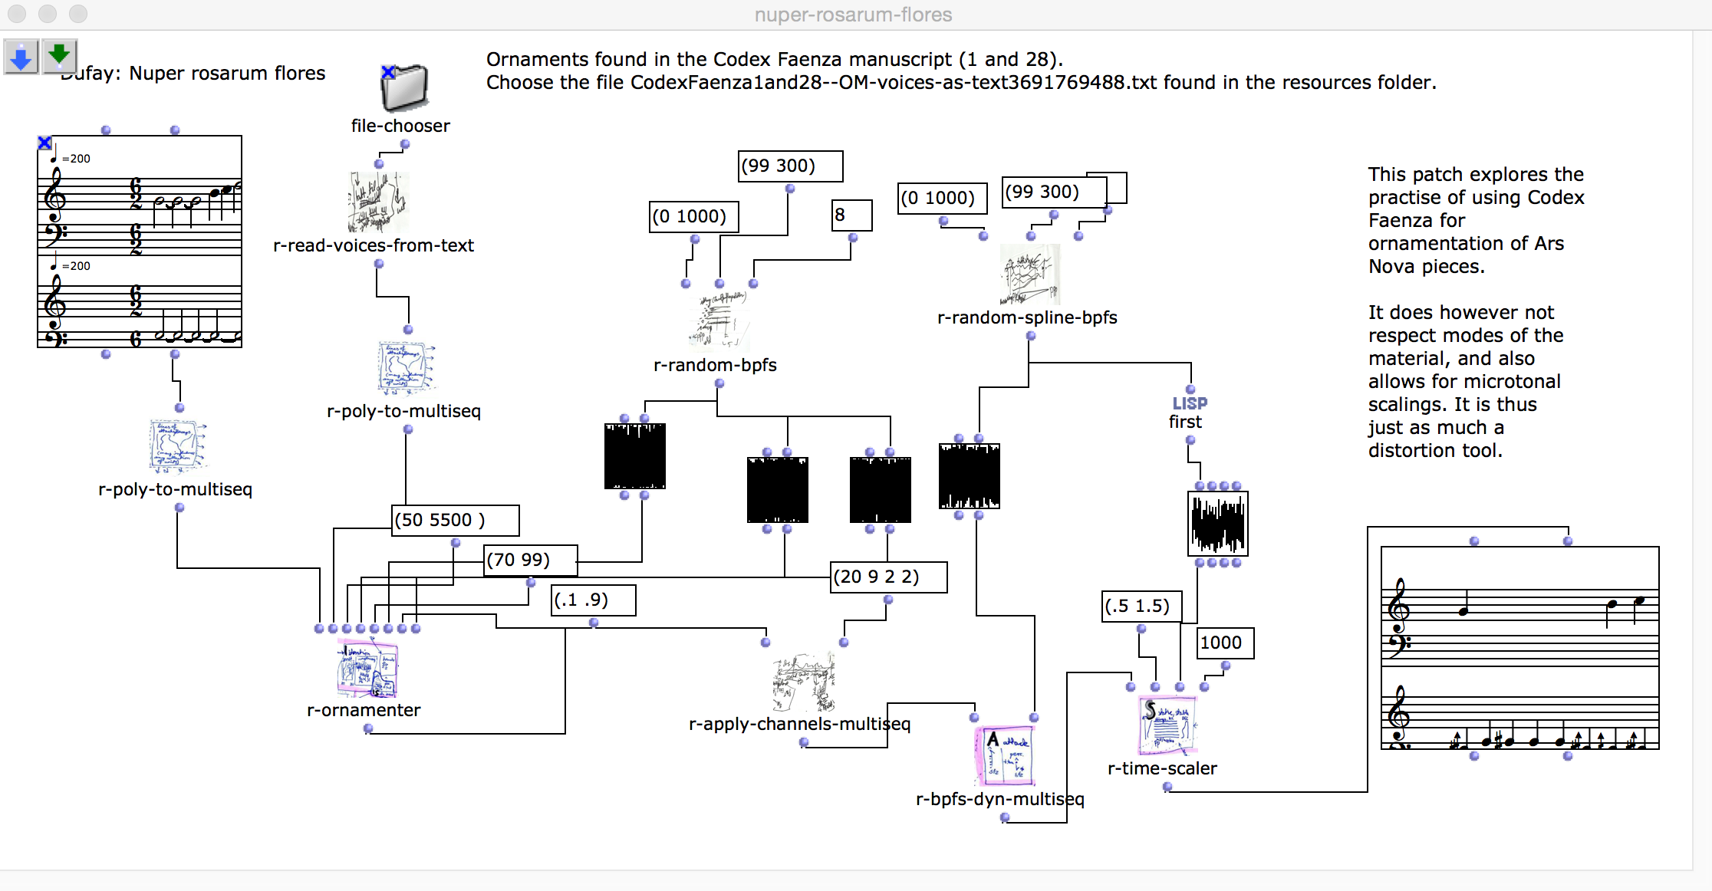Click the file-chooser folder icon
coord(404,88)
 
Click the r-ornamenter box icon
coord(367,669)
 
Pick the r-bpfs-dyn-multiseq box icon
coord(1004,756)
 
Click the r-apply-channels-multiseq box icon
coord(803,682)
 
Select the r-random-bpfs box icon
coord(719,322)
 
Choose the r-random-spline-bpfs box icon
coord(1030,275)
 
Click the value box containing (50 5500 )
coord(455,521)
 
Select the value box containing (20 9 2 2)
coord(889,577)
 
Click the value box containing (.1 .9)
coord(593,600)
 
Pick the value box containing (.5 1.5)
coord(1141,607)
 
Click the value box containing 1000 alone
coord(1225,643)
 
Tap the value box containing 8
coord(851,215)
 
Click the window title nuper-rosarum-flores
coord(853,15)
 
